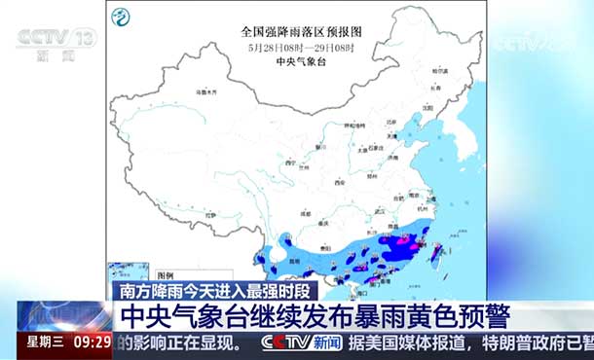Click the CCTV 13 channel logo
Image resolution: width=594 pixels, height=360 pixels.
[56, 42]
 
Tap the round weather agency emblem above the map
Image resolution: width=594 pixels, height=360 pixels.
[121, 17]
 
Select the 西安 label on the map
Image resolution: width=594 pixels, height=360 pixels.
[340, 182]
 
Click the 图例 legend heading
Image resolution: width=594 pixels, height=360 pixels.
[165, 275]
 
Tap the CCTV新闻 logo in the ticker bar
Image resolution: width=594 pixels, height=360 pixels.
[302, 342]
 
